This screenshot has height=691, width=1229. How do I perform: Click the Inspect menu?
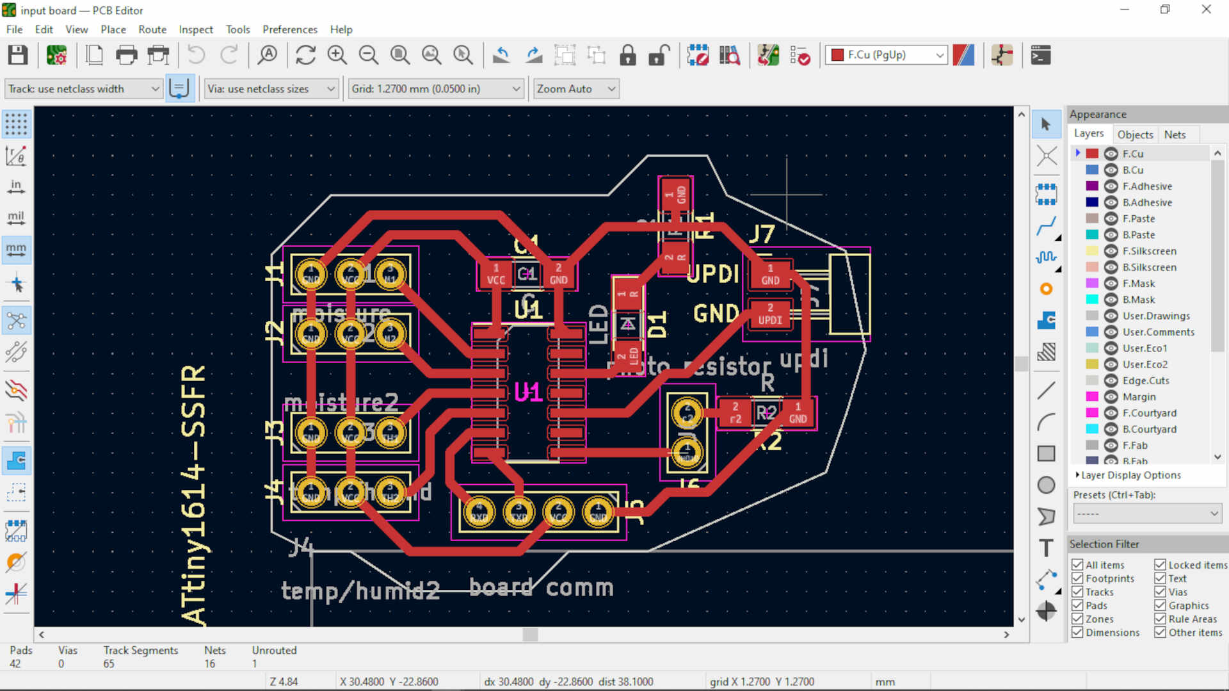(195, 29)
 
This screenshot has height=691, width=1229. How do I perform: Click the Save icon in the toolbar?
(17, 55)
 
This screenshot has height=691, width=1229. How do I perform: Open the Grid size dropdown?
(435, 89)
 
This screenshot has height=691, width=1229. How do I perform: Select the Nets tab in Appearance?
(1175, 134)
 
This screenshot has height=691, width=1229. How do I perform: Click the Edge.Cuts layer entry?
(1145, 380)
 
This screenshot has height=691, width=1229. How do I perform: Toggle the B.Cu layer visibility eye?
(1111, 170)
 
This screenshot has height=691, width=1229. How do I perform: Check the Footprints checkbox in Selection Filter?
(1077, 578)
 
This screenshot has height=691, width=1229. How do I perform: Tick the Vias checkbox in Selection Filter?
(1160, 592)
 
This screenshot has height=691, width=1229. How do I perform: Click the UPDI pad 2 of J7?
(770, 314)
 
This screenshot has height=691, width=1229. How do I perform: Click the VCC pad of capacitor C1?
(495, 275)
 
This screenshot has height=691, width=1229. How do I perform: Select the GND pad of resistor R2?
(798, 413)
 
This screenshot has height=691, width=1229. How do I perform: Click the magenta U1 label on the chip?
(528, 392)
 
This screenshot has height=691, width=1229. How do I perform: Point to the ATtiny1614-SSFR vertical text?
(193, 493)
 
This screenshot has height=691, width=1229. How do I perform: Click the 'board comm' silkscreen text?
(541, 587)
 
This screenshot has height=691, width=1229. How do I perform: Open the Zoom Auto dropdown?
(575, 89)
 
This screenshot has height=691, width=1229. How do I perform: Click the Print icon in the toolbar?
(126, 55)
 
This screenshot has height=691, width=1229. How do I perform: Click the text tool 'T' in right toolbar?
(1046, 548)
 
